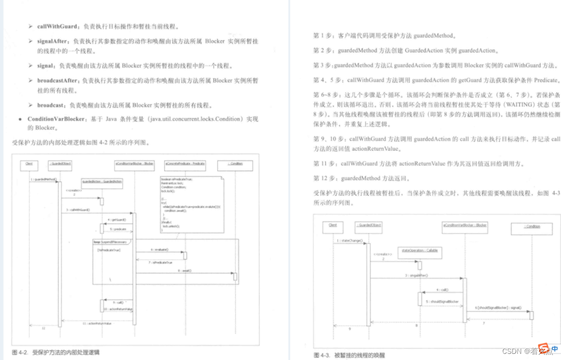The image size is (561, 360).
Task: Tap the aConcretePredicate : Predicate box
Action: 184,164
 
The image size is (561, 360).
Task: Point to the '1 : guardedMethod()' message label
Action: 43,179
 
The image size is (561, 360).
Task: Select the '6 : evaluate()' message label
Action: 159,250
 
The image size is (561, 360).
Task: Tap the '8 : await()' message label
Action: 185,271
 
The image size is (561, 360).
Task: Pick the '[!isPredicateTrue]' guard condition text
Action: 109,250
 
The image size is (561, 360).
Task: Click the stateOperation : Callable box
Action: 420,251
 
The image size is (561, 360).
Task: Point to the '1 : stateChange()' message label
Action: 350,240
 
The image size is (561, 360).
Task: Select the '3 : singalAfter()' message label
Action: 417,275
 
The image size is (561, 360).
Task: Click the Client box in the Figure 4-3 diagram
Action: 333,225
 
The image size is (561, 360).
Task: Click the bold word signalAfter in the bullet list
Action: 53,41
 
